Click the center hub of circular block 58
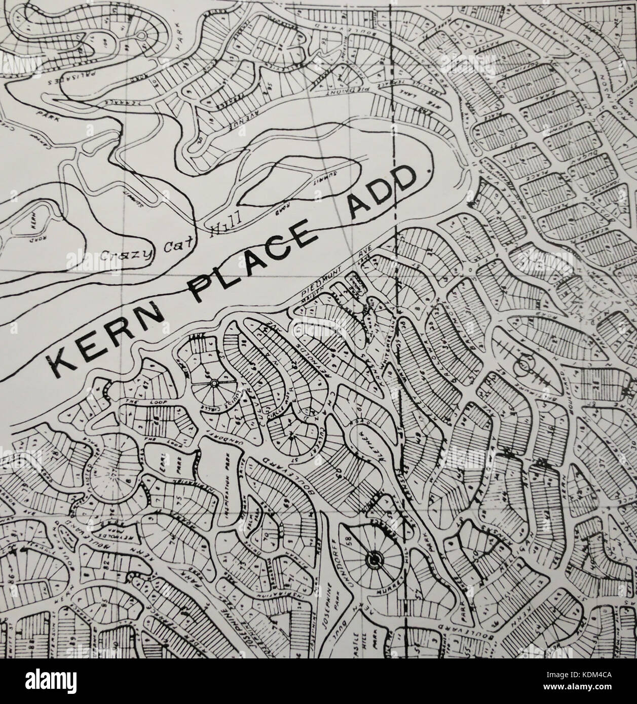pyautogui.click(x=373, y=559)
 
